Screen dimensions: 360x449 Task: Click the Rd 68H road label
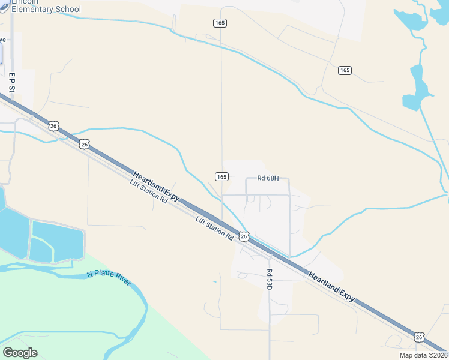[268, 178]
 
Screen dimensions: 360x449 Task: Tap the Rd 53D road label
[270, 280]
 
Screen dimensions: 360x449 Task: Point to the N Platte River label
[109, 278]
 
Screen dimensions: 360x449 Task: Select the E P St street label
[11, 82]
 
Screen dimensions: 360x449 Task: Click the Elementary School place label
[46, 9]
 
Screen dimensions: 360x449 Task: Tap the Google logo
[20, 353]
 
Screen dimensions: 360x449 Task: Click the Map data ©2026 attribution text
[423, 355]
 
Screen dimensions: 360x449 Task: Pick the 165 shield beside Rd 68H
[221, 176]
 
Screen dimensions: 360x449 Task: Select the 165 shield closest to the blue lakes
[345, 70]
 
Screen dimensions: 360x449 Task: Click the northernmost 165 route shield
[220, 22]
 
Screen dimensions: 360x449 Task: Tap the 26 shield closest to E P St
[54, 126]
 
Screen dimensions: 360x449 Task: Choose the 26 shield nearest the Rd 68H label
[244, 236]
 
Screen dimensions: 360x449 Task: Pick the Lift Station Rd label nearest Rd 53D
[214, 229]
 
